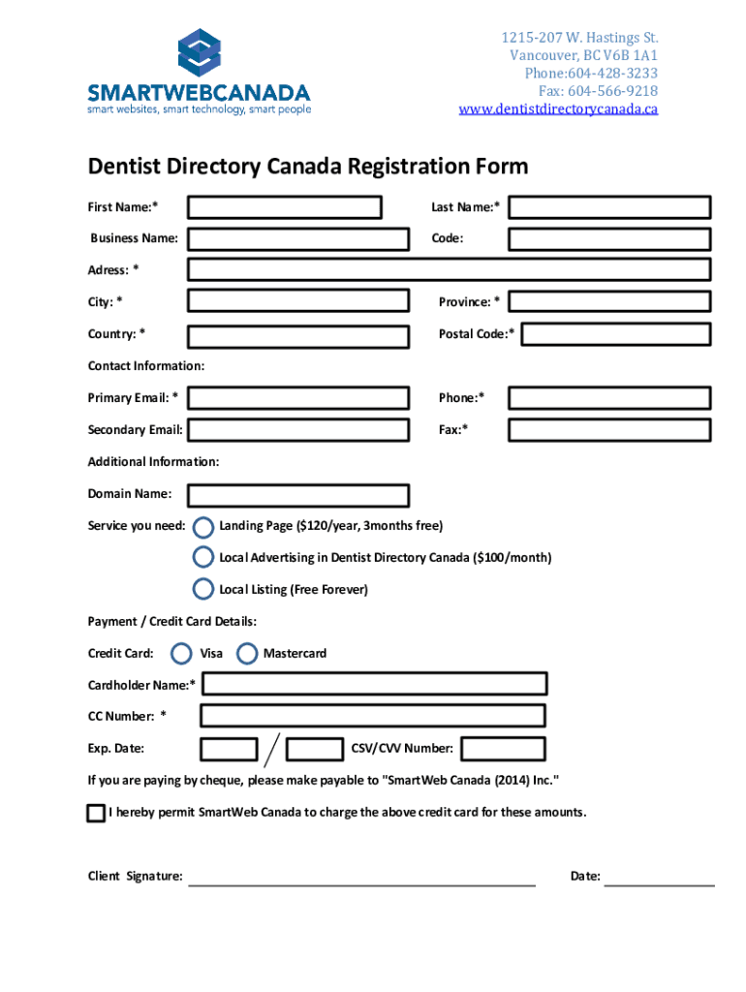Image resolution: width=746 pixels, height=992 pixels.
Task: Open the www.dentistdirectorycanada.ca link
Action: pyautogui.click(x=558, y=108)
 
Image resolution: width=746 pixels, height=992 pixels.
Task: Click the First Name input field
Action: pyautogui.click(x=285, y=207)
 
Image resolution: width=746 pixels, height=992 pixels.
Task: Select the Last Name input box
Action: pyautogui.click(x=610, y=207)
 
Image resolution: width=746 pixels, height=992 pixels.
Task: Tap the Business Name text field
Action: pyautogui.click(x=298, y=238)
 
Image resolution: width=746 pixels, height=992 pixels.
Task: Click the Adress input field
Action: pyautogui.click(x=449, y=269)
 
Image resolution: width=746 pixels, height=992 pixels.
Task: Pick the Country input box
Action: pyautogui.click(x=298, y=335)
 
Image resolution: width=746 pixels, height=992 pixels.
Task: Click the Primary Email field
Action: pyautogui.click(x=298, y=398)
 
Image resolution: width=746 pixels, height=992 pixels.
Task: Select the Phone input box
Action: pyautogui.click(x=610, y=398)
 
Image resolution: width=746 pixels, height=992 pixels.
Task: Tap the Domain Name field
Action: pyautogui.click(x=298, y=495)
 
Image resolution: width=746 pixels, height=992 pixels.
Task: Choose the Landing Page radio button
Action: pyautogui.click(x=203, y=527)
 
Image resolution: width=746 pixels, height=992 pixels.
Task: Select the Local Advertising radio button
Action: pyautogui.click(x=203, y=558)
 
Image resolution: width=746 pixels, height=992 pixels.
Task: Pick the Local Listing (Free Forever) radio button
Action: pyautogui.click(x=203, y=589)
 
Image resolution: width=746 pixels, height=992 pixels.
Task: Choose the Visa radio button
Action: pyautogui.click(x=181, y=654)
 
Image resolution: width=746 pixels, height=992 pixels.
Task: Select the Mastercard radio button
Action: pyautogui.click(x=247, y=654)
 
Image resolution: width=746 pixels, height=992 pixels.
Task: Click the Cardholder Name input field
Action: pyautogui.click(x=374, y=685)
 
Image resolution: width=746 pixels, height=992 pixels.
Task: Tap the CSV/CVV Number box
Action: pyautogui.click(x=503, y=749)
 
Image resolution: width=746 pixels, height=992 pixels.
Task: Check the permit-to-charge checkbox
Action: pyautogui.click(x=95, y=813)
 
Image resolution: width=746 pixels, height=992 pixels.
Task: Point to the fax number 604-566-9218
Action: pyautogui.click(x=613, y=91)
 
